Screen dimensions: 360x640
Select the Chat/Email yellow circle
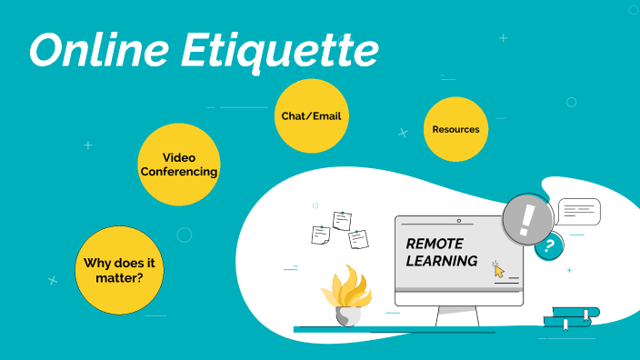click(312, 116)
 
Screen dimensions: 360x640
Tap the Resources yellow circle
click(455, 129)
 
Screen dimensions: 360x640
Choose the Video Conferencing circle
click(179, 165)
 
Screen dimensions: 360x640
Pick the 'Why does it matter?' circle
click(119, 269)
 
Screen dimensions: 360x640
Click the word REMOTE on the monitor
click(434, 244)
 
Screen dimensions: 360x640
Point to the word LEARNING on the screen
click(442, 261)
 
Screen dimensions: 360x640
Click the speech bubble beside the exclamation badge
click(579, 211)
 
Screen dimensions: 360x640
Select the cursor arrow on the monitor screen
click(498, 270)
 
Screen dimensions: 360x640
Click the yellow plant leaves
click(345, 287)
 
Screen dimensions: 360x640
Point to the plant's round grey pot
click(347, 316)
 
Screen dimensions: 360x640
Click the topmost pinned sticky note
click(342, 220)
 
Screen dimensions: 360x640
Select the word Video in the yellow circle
click(179, 157)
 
